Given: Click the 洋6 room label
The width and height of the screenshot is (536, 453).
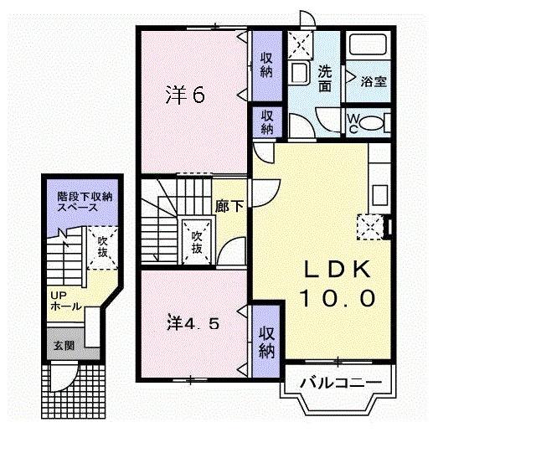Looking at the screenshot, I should tap(185, 95).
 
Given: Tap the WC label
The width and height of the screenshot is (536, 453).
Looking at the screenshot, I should tap(353, 122).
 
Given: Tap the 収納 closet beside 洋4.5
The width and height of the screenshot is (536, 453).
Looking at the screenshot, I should tap(266, 342).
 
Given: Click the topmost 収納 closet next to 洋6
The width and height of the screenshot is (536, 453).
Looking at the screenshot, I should tap(266, 64).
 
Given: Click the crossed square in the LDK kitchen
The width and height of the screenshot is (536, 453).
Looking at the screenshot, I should tap(369, 226).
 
